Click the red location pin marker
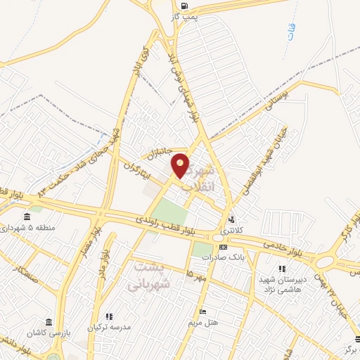point(181,165)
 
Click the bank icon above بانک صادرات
point(223,247)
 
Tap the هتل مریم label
point(203,322)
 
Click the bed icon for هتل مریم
point(202,312)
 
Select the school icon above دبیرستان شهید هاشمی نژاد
point(282,269)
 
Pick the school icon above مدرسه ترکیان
point(109,317)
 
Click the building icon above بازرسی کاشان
point(48,320)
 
